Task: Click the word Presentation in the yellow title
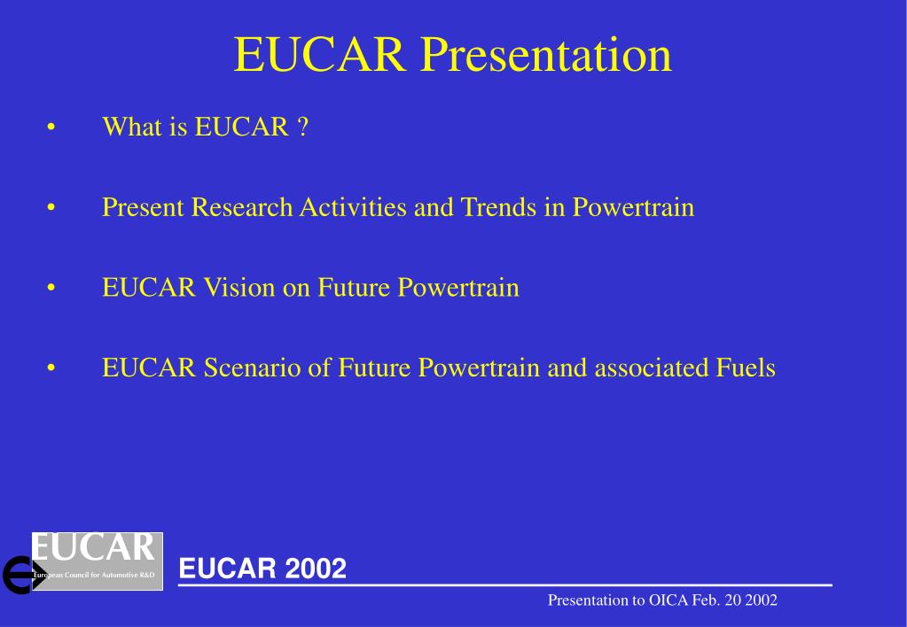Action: click(545, 55)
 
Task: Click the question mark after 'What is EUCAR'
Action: click(302, 128)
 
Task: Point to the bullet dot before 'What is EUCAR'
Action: click(52, 128)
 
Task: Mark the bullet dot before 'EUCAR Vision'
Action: click(52, 289)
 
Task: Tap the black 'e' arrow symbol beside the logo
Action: click(16, 576)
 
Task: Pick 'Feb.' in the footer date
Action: click(708, 600)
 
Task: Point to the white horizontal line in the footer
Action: click(505, 585)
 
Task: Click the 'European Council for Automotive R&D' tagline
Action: click(94, 576)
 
